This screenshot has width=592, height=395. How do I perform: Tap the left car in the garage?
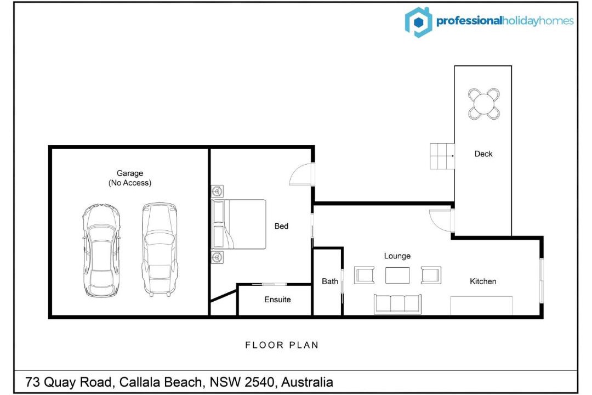point(101,250)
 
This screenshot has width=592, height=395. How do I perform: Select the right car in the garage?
point(160,249)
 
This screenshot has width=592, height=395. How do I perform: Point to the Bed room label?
point(281,226)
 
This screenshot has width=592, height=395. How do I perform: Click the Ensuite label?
point(277,300)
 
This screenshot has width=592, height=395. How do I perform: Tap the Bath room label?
point(329,281)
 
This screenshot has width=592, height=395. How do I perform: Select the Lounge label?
point(397,256)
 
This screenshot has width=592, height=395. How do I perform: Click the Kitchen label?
point(483,281)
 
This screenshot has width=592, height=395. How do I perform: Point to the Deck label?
point(483,154)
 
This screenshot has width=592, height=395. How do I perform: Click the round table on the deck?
point(483,104)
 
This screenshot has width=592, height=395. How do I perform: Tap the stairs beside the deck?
point(442,156)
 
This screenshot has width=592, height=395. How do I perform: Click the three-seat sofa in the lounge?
point(397,304)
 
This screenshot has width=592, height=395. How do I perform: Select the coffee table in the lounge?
point(397,275)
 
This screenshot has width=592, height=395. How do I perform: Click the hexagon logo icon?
point(418,22)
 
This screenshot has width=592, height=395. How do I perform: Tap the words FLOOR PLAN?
point(282,345)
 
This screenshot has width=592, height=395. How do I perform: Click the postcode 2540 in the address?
point(259,382)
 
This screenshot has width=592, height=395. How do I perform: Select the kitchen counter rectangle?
point(481,306)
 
